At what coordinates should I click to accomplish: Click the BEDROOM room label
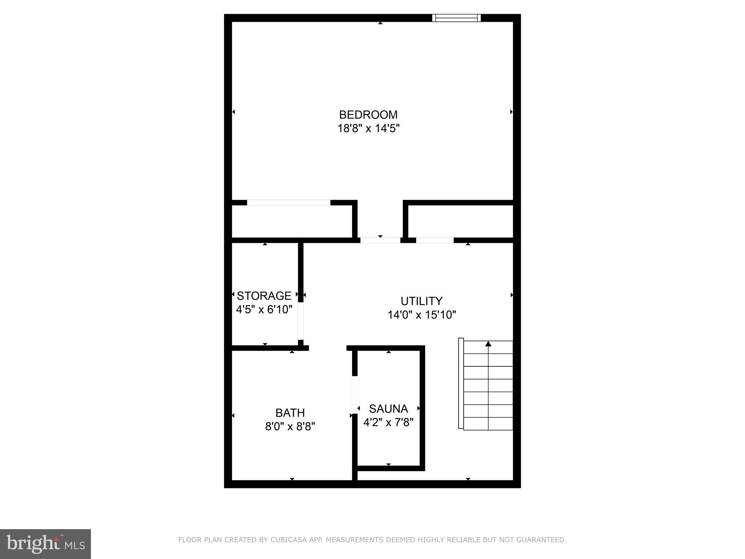click(x=368, y=115)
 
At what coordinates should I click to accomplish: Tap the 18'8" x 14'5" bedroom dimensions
click(x=368, y=128)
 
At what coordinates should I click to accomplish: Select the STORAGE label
click(x=264, y=296)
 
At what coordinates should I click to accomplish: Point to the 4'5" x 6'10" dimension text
click(x=264, y=309)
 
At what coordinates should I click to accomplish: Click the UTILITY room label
click(x=421, y=301)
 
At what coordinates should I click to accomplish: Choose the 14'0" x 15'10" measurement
click(x=422, y=315)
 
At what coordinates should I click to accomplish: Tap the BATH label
click(x=290, y=413)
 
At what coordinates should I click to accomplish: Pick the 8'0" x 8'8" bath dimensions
click(x=290, y=427)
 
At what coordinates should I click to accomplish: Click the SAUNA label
click(x=388, y=409)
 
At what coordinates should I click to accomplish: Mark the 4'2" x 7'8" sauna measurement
click(x=389, y=423)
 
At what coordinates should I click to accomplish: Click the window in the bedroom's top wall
click(x=456, y=18)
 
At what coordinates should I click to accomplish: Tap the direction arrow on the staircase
click(x=488, y=344)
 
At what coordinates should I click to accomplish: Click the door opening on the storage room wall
click(x=301, y=321)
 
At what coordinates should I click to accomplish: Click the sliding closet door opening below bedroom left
click(x=288, y=203)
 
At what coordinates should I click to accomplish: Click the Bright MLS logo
click(x=45, y=544)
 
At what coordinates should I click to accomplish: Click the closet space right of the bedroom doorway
click(x=460, y=221)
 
